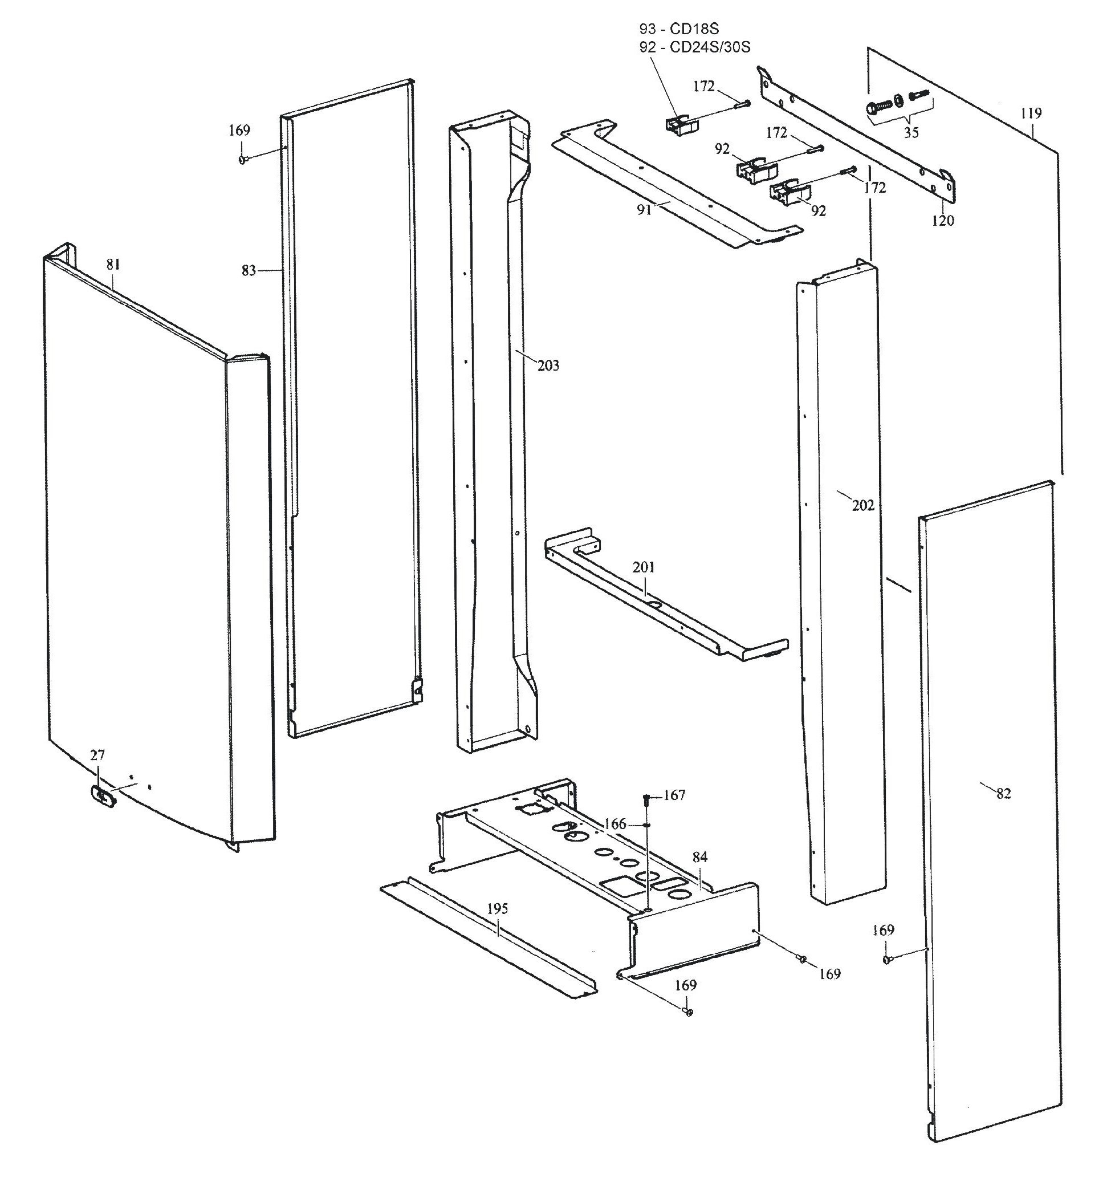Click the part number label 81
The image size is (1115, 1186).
(x=113, y=265)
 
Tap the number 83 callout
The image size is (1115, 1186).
(x=249, y=271)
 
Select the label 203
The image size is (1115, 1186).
(x=548, y=365)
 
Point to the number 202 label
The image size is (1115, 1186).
(x=862, y=505)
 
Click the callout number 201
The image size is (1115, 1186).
(x=644, y=567)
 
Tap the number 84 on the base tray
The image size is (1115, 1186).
(x=700, y=858)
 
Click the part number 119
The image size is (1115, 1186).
(x=1031, y=113)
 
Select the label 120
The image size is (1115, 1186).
(x=943, y=221)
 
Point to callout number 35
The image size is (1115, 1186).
(x=911, y=132)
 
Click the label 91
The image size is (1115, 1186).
(x=644, y=210)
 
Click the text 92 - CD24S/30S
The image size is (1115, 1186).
(x=694, y=47)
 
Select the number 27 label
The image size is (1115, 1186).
(x=97, y=756)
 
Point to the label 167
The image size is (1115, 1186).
(x=674, y=795)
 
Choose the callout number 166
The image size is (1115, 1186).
(x=615, y=824)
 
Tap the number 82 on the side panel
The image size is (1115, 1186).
(x=1003, y=794)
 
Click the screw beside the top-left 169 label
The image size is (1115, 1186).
(x=243, y=160)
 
